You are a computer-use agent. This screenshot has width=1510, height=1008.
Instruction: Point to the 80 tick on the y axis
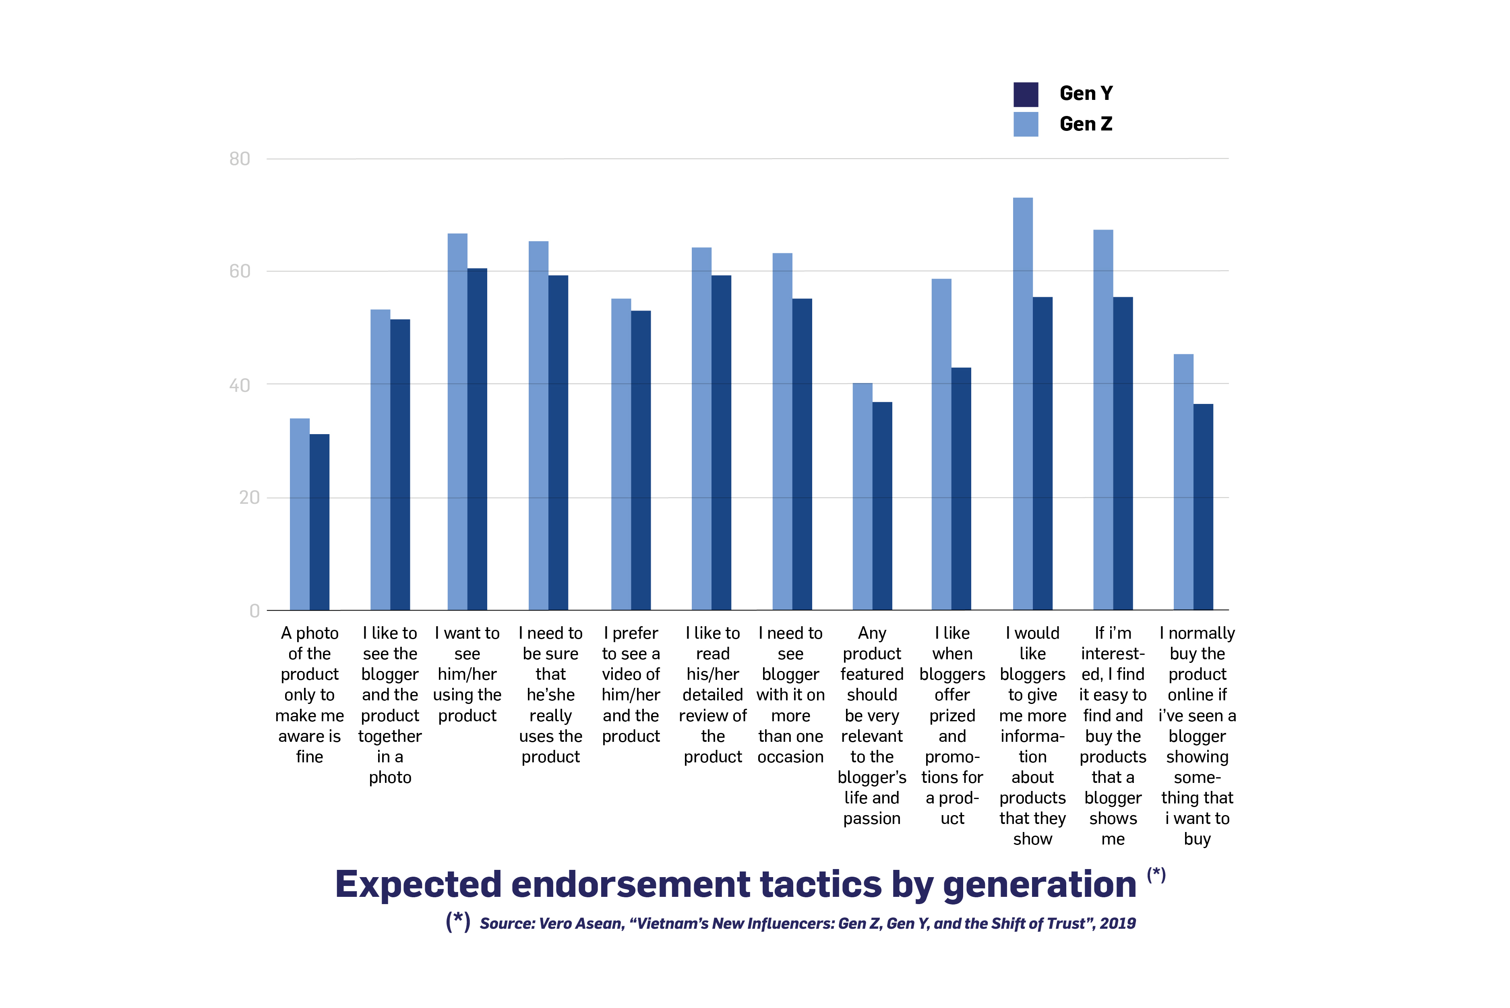240,159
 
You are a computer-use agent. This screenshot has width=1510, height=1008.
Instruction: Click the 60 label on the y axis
240,271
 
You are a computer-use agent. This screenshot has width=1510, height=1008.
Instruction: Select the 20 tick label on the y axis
249,498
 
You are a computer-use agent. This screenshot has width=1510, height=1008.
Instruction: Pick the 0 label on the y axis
254,611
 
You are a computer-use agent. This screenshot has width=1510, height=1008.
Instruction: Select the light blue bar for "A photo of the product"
300,514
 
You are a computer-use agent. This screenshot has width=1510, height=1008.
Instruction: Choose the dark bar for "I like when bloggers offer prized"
961,488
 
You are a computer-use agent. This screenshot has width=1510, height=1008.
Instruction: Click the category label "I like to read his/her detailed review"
712,694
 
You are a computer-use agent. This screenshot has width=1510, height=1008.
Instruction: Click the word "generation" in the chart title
1039,885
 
